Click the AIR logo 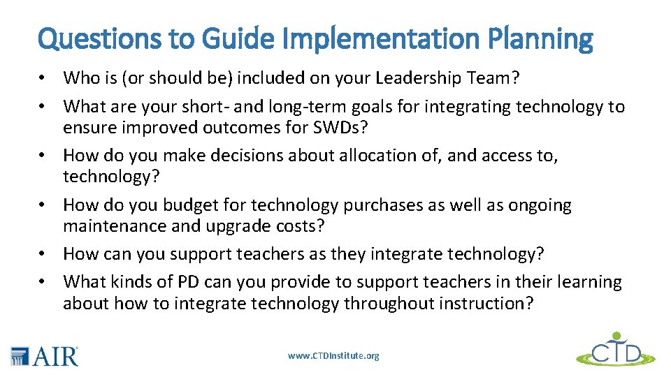tap(45, 356)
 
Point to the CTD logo tap(616, 350)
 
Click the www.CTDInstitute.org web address tap(333, 356)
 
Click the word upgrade tap(228, 227)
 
